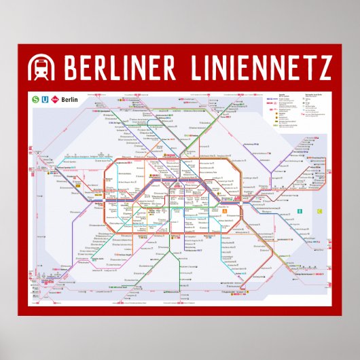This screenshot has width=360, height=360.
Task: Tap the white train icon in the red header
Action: coord(41,68)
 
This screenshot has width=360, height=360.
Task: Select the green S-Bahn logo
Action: coord(35,99)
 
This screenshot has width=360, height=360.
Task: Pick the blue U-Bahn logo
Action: coord(45,99)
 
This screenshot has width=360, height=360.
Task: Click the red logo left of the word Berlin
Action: coord(55,99)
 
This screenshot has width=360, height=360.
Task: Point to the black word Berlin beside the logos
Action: coord(70,100)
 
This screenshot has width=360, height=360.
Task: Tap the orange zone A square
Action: coord(223,210)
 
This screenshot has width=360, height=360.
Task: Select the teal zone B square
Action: coord(298,213)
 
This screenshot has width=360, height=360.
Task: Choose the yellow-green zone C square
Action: coord(319,212)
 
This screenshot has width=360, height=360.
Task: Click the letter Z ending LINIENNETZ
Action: coord(325,68)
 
